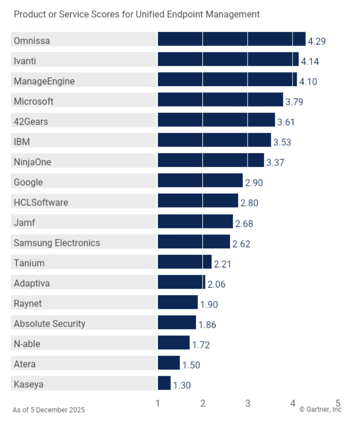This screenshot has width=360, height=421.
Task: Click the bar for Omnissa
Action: click(231, 39)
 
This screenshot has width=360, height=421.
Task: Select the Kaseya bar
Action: click(164, 383)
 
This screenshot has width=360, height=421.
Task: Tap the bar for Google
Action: click(200, 181)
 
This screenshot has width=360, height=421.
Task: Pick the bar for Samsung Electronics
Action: click(194, 242)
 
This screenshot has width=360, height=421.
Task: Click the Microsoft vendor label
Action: click(34, 102)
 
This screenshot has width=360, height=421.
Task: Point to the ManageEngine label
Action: click(44, 81)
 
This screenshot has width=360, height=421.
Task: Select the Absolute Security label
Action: click(49, 324)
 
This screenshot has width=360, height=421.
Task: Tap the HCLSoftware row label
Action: click(41, 203)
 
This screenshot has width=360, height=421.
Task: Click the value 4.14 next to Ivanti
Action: click(310, 61)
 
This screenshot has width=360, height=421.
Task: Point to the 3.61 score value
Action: click(286, 122)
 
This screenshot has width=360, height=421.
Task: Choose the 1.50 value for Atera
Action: click(191, 365)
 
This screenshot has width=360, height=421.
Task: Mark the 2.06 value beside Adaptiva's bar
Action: click(216, 284)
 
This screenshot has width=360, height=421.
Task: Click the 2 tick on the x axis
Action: click(203, 403)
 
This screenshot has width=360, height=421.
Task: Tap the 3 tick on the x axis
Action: click(248, 403)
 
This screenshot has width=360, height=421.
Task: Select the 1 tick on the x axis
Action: click(158, 403)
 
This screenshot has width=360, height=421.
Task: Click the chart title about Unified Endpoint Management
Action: click(137, 15)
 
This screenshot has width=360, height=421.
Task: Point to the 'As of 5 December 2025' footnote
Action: click(49, 410)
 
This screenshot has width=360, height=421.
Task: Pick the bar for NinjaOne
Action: click(211, 160)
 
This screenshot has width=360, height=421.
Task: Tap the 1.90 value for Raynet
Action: click(209, 305)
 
